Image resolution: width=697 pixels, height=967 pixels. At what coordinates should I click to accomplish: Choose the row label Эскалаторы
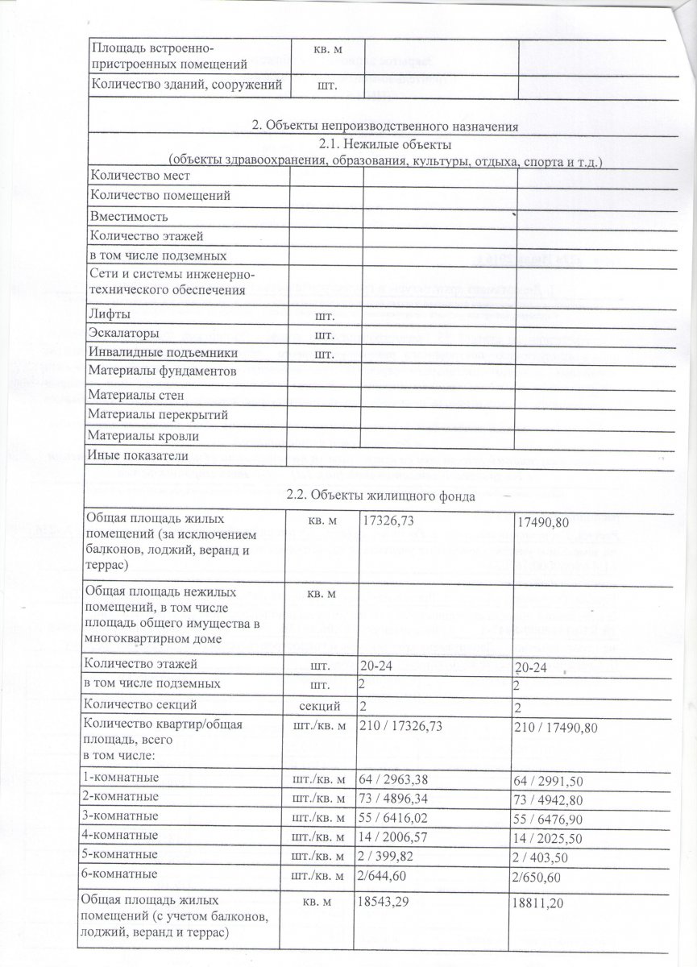coord(124,333)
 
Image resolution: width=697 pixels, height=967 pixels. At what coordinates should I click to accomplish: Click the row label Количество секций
coord(139,706)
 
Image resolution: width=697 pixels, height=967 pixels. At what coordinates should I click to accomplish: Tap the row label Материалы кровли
coord(143,436)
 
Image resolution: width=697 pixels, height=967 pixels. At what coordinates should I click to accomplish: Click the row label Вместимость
coord(129,217)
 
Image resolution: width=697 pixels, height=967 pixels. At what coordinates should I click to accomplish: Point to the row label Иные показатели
coord(137,456)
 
